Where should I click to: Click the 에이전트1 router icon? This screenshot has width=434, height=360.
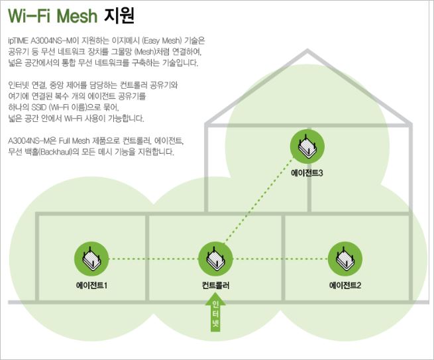click(x=91, y=259)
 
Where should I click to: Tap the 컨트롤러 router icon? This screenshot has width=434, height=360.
click(x=216, y=259)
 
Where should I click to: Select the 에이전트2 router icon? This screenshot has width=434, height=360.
click(x=345, y=259)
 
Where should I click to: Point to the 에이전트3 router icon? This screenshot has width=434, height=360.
click(x=307, y=147)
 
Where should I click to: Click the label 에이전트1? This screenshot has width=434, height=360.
click(x=91, y=286)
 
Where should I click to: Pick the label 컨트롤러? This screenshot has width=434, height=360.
click(x=216, y=286)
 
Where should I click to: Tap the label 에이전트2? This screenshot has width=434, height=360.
click(x=345, y=286)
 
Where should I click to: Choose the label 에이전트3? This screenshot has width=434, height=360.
click(x=307, y=174)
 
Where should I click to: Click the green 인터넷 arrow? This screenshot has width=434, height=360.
click(x=216, y=312)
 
